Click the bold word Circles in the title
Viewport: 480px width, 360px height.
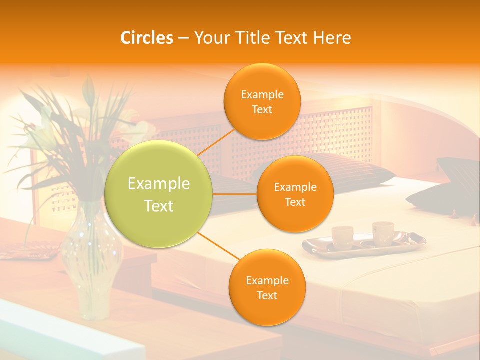146,38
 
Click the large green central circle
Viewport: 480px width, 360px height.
159,194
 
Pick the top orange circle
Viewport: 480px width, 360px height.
262,101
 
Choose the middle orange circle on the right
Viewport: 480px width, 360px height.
295,194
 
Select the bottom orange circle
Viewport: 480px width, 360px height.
267,287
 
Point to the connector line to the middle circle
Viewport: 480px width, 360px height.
235,194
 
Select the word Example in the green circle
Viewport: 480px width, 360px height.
159,184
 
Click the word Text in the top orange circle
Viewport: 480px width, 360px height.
262,109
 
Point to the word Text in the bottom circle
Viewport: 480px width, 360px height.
267,295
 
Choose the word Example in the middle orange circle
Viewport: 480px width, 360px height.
295,187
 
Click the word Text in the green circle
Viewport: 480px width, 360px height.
159,206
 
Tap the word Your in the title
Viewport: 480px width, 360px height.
209,38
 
